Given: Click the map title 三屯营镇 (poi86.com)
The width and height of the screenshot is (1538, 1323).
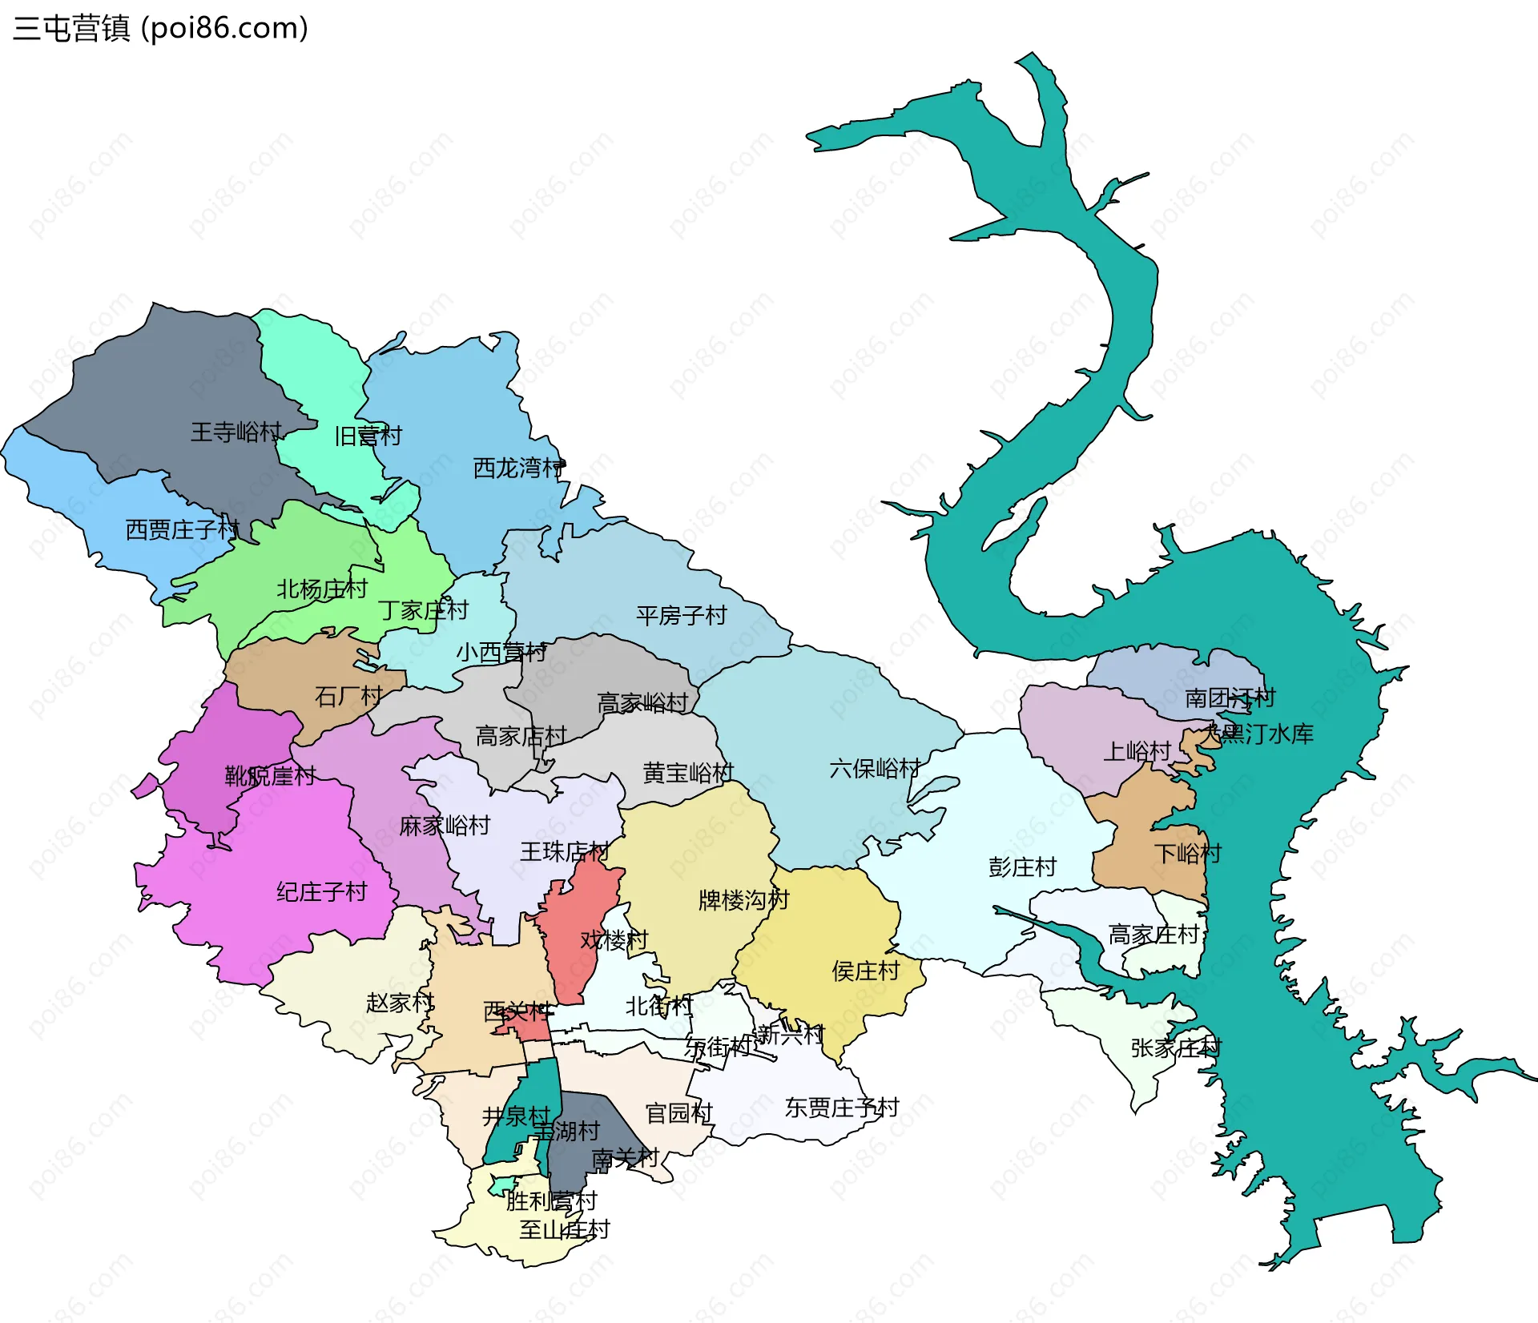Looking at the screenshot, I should (160, 29).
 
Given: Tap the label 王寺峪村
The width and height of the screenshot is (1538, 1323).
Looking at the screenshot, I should (236, 432).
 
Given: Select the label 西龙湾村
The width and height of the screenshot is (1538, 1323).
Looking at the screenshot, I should (518, 468).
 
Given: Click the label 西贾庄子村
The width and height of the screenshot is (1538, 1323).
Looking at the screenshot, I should (182, 529).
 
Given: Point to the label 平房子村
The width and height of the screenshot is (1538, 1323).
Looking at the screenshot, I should (681, 615).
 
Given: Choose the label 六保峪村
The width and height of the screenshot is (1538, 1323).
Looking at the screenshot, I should (874, 769).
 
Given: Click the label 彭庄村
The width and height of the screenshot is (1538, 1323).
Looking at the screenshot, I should (1022, 867).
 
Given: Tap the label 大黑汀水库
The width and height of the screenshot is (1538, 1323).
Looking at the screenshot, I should (1259, 734).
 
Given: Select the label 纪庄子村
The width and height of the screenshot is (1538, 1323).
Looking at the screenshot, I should (321, 891).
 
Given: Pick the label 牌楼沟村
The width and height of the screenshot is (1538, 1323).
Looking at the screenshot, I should (743, 900).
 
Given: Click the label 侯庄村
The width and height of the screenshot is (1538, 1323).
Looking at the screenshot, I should (866, 971).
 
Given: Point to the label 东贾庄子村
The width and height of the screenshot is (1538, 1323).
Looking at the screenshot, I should (841, 1108).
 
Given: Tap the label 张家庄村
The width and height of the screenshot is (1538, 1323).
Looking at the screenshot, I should (1175, 1048).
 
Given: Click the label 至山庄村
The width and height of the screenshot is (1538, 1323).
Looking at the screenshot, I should (564, 1229).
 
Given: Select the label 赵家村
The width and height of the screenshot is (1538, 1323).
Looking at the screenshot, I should (400, 1002).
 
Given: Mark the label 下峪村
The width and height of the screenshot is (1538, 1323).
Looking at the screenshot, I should (1187, 853).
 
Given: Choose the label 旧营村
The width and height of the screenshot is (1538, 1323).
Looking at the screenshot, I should (368, 436).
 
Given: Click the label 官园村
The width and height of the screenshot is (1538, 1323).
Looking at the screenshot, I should (678, 1113).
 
